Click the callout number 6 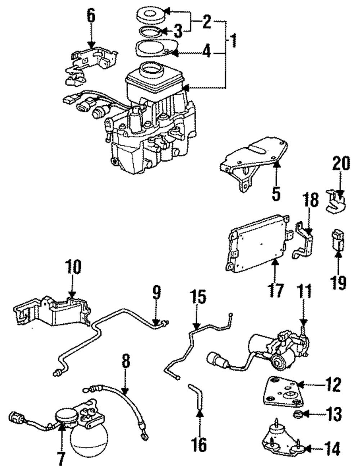[x=91, y=16]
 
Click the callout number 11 [x=305, y=291]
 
